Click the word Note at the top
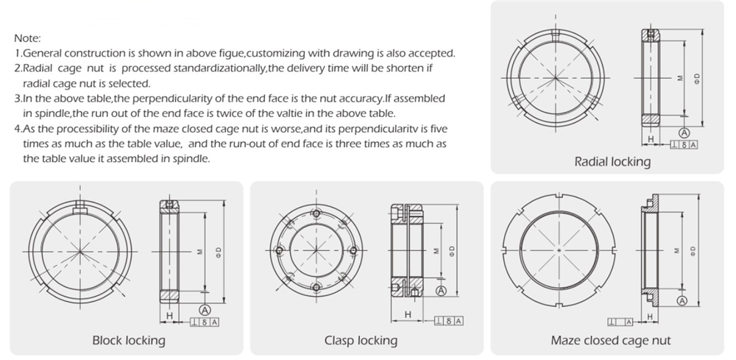coord(27,38)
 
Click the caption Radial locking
coord(612,162)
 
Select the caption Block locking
coord(128,340)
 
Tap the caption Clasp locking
coord(361,340)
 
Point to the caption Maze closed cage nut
coord(611,340)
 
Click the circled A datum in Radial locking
coord(684,133)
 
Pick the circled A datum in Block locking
coord(204,308)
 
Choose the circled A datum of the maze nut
coord(682,301)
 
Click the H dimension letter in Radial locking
coord(651,138)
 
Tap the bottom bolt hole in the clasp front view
coord(316,287)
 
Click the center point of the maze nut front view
coord(559,250)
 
